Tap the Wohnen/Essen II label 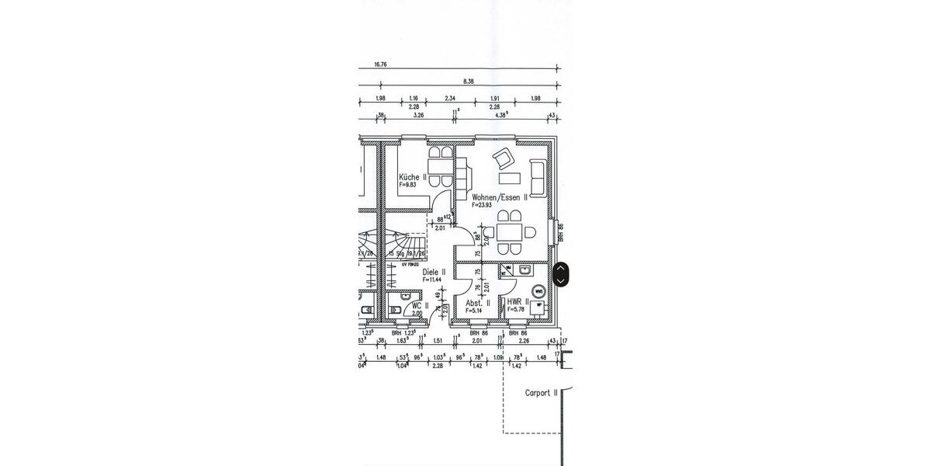500,198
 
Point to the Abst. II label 477,303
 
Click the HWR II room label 517,301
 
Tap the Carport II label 542,393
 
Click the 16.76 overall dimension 380,65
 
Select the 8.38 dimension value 468,81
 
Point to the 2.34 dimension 450,98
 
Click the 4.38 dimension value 501,115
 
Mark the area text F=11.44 433,280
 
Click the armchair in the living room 503,159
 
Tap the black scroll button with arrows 559,273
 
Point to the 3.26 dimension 419,115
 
